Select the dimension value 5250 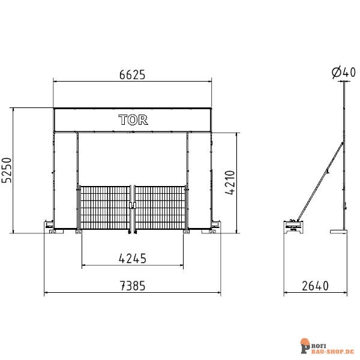(x=7, y=170)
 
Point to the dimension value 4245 (x=133, y=259)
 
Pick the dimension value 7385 (x=133, y=286)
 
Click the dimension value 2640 (x=314, y=286)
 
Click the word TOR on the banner (x=133, y=119)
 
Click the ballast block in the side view (x=294, y=227)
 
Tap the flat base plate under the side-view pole (x=340, y=231)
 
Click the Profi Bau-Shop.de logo (x=326, y=347)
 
